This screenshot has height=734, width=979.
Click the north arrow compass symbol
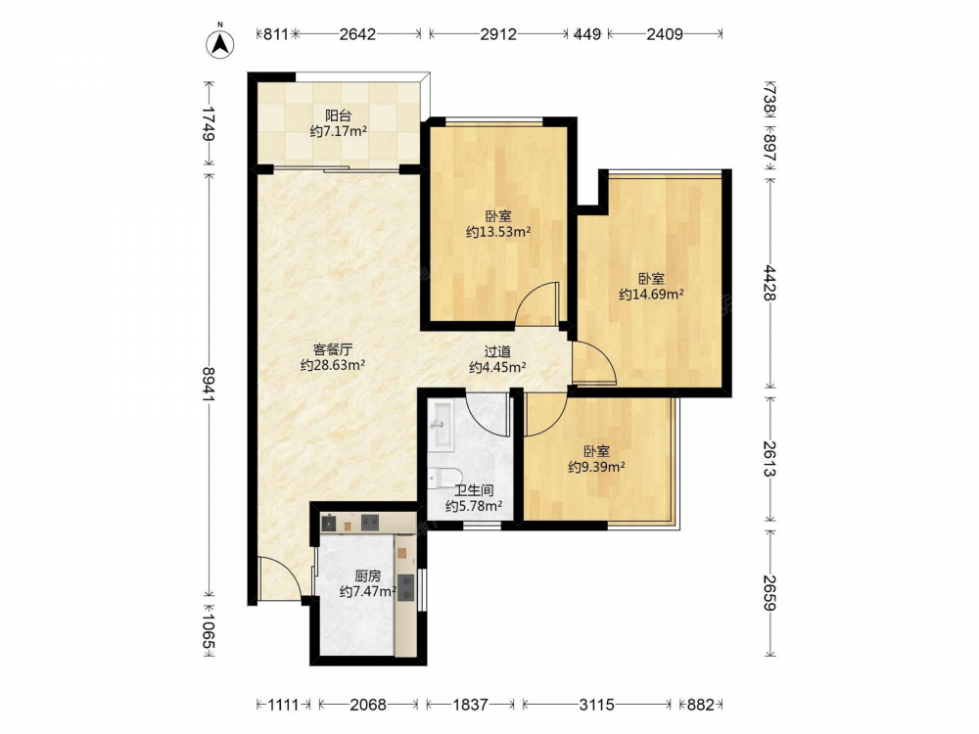tap(219, 42)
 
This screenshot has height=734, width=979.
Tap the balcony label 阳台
tap(338, 115)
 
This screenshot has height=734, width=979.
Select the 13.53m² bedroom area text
tap(498, 232)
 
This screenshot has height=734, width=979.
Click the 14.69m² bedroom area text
tap(651, 294)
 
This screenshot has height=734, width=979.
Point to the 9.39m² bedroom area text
tap(597, 466)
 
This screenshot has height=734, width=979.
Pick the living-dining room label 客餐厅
tap(333, 349)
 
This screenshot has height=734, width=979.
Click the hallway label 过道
tap(497, 352)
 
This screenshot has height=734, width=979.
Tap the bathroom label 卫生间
tap(474, 490)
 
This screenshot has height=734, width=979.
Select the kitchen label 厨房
tap(368, 576)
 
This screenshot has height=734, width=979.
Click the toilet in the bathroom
tap(443, 480)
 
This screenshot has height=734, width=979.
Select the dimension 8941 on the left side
tap(210, 385)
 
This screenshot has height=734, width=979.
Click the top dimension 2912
tap(498, 34)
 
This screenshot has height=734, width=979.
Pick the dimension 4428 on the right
tap(769, 284)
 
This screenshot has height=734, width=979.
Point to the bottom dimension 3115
tap(597, 705)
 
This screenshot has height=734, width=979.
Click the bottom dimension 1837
tap(470, 705)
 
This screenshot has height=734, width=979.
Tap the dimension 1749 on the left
tap(210, 124)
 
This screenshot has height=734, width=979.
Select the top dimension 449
tap(587, 34)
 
